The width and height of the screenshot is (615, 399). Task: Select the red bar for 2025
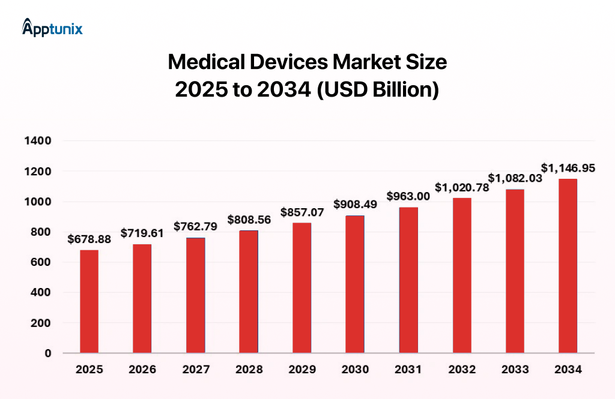[x=89, y=301]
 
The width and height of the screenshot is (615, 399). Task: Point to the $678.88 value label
[x=89, y=239]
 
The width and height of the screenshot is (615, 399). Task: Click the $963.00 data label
[x=408, y=196]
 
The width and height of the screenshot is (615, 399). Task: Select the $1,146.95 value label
[x=568, y=168]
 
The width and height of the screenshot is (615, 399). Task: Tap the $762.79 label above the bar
[x=195, y=226]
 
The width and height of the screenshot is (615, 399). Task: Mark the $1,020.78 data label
[x=461, y=187]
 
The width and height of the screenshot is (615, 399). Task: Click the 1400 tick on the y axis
[x=38, y=141]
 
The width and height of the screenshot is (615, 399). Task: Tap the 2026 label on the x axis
[x=142, y=370]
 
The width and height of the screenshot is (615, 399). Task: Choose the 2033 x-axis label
[x=515, y=370]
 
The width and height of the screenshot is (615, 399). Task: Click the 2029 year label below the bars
[x=301, y=370]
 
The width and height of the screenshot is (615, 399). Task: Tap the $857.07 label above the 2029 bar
[x=301, y=212]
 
